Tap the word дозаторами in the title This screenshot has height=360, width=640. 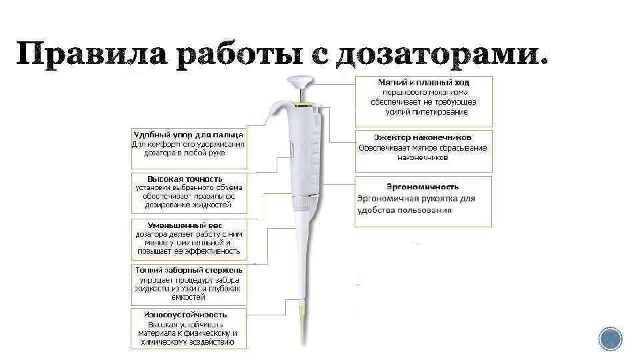[x=443, y=57]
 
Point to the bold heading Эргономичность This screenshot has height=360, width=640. [x=423, y=187]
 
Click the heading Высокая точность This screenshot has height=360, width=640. [x=185, y=179]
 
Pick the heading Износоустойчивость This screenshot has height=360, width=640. [x=186, y=314]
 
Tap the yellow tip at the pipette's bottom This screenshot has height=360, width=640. [x=303, y=327]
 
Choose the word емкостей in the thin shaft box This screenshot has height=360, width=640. [x=189, y=297]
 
